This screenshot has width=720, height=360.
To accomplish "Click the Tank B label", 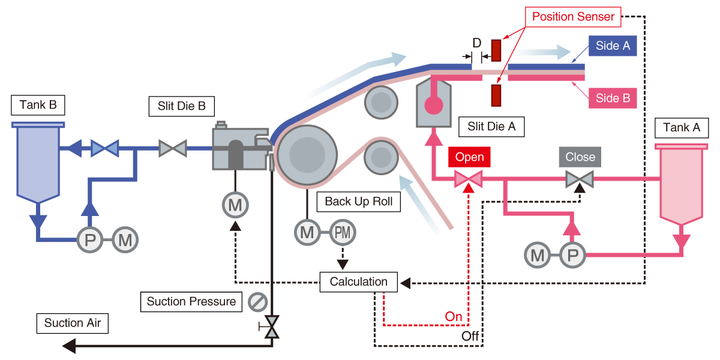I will click(x=38, y=106).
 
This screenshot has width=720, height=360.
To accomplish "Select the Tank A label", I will click(x=682, y=127).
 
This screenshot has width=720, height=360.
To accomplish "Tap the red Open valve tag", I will click(x=469, y=157).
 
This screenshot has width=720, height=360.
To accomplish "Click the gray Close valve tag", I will click(x=580, y=157).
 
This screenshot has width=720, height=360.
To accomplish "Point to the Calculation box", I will click(x=358, y=281).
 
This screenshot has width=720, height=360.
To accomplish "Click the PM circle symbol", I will click(x=343, y=232).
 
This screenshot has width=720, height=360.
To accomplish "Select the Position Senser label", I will click(x=573, y=16).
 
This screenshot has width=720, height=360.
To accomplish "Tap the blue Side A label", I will click(x=612, y=46).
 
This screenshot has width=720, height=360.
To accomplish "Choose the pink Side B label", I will click(x=612, y=98).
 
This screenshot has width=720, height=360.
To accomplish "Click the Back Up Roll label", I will click(x=359, y=202).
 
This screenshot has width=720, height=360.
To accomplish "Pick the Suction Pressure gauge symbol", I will click(x=257, y=301).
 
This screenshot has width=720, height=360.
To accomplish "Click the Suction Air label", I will click(x=72, y=323).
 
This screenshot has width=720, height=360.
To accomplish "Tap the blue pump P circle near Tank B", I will click(x=90, y=241).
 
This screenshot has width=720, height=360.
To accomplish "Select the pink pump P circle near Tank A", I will click(x=573, y=256).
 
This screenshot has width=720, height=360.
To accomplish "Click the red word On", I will click(x=454, y=317).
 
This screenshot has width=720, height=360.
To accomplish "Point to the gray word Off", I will click(x=470, y=336).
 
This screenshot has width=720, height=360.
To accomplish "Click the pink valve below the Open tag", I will click(x=469, y=179).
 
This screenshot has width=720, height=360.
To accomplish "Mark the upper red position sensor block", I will click(x=496, y=50).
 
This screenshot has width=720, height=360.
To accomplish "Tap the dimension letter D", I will click(x=476, y=43).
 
